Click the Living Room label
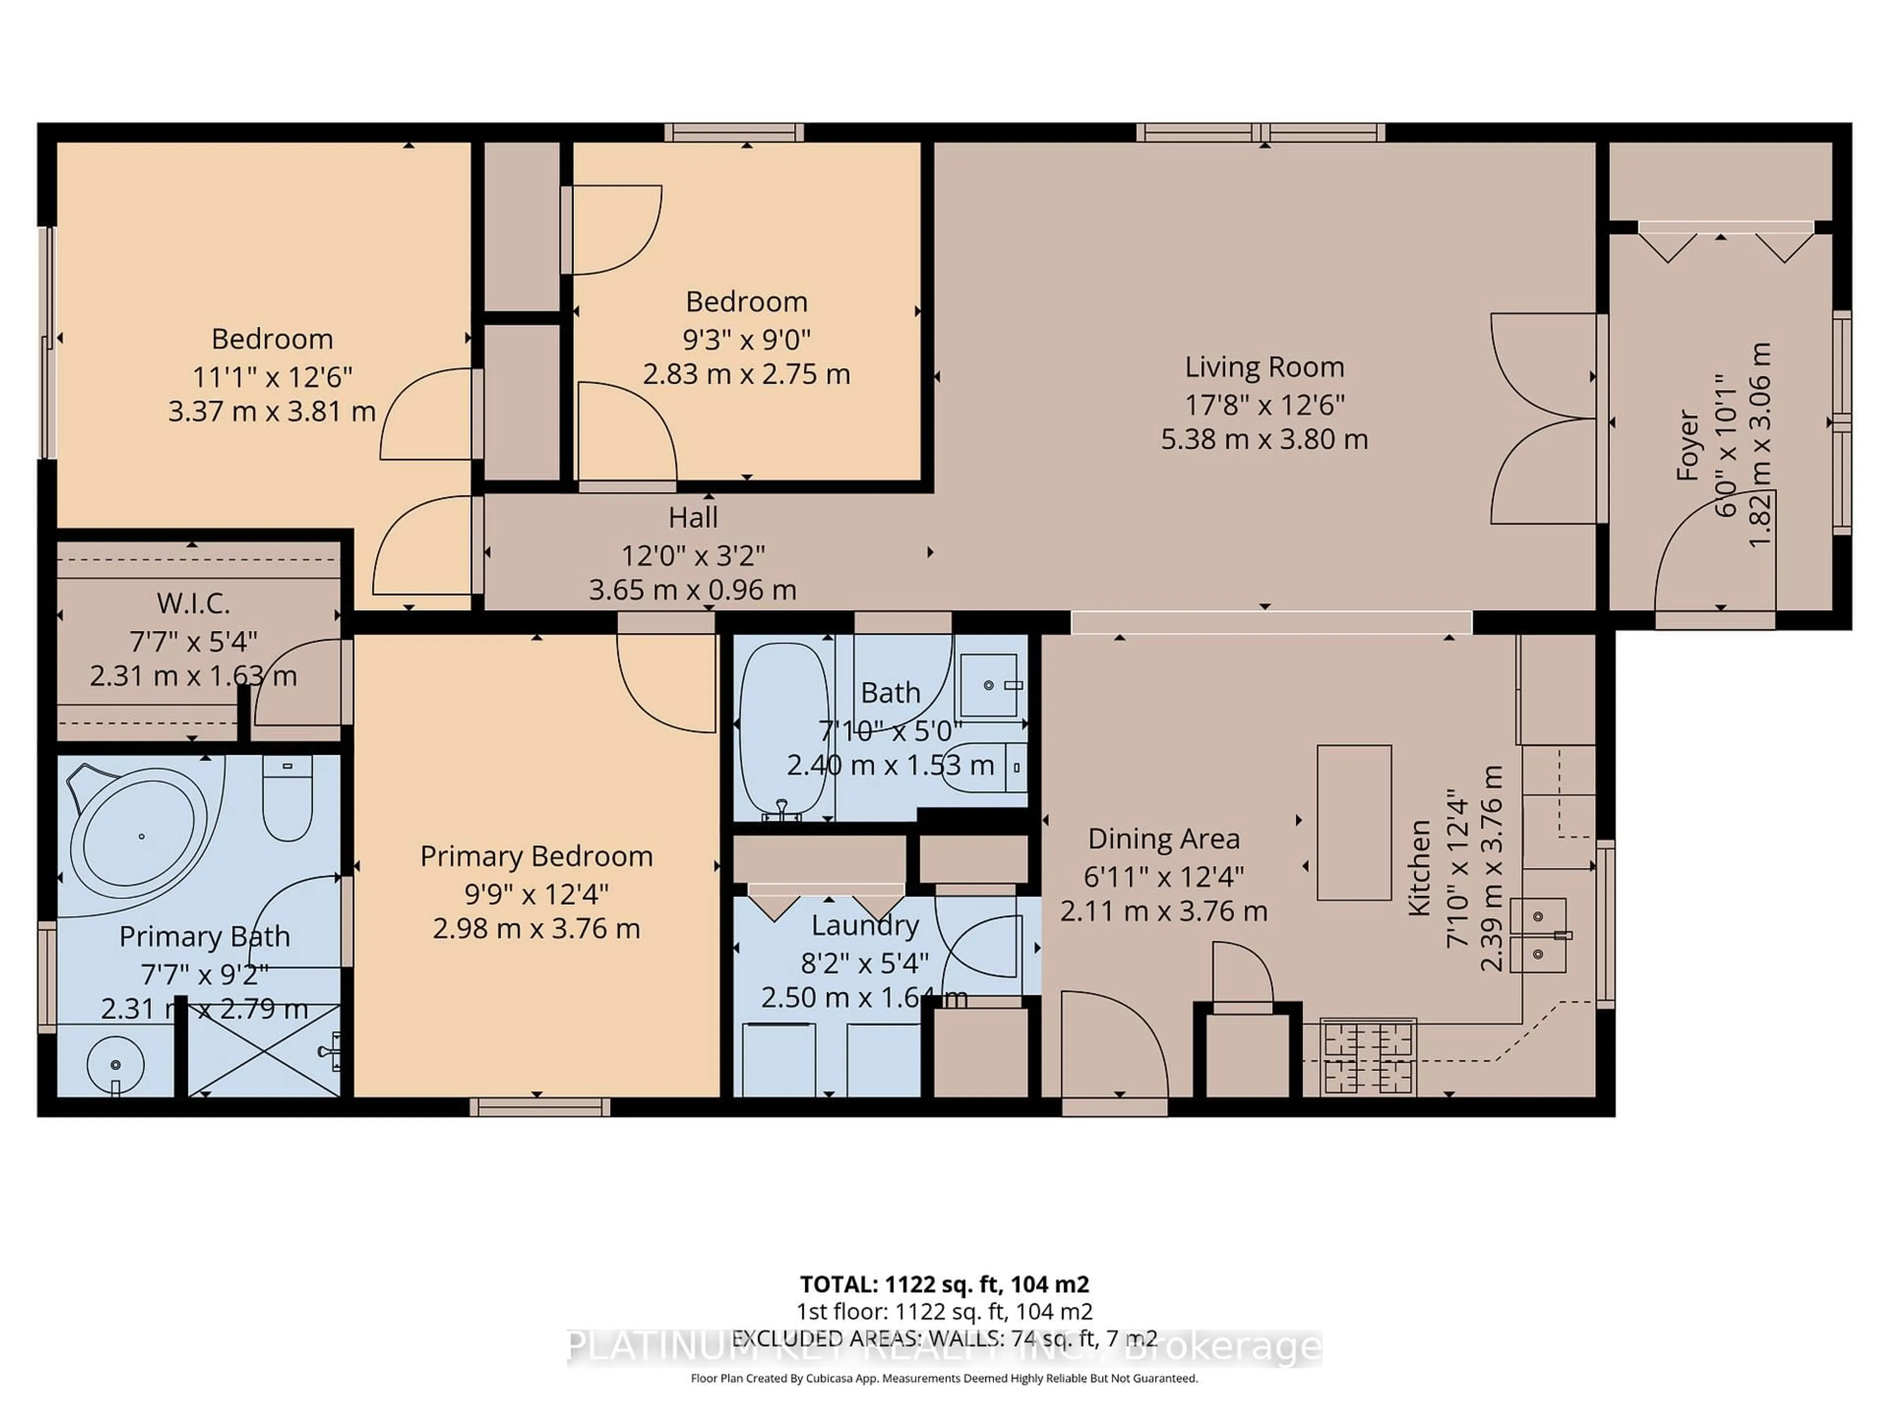point(1264,367)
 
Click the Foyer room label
point(1687,445)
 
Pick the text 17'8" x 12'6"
point(1264,404)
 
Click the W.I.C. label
point(193,604)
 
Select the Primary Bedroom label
point(536,856)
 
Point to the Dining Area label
point(1163,839)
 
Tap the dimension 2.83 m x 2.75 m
point(746,374)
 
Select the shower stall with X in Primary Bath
point(263,1050)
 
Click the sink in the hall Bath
point(989,685)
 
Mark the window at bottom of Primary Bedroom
point(540,1107)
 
